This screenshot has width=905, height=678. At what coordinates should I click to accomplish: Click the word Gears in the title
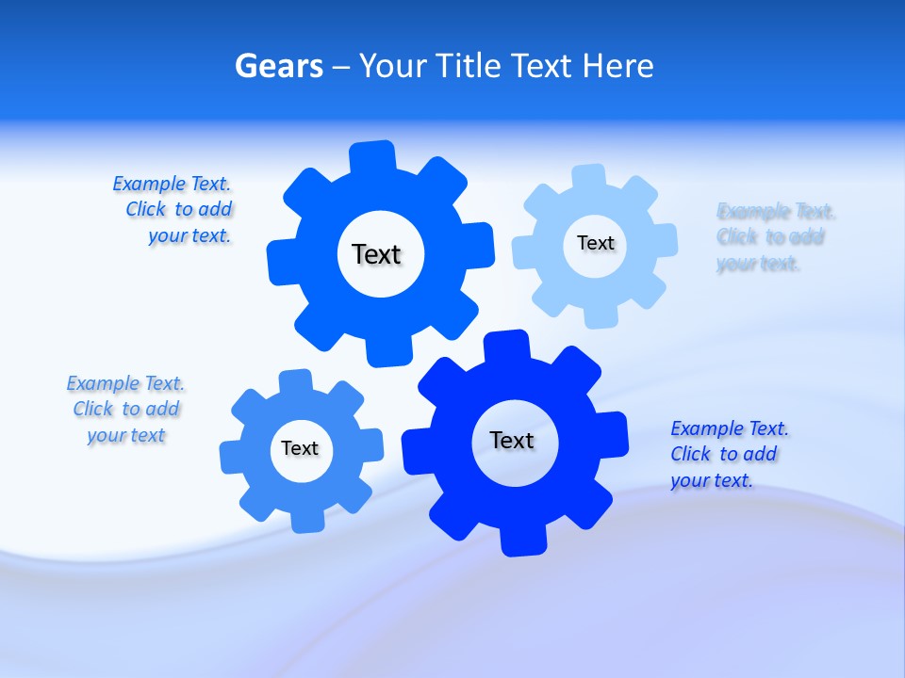[279, 66]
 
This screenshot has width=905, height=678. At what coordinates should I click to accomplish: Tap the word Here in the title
[617, 66]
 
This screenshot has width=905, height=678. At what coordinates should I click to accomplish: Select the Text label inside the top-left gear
[376, 254]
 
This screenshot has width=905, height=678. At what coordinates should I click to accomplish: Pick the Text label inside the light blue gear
[595, 243]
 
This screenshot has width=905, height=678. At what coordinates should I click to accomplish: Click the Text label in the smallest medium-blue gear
[300, 448]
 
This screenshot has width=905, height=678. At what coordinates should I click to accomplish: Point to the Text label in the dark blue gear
[512, 440]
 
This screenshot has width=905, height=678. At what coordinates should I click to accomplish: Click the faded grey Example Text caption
[775, 237]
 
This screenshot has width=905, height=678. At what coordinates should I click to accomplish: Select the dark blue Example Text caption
[729, 454]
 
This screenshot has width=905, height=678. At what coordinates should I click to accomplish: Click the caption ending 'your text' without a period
[125, 410]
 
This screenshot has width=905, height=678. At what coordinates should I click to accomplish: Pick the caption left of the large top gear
[175, 210]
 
